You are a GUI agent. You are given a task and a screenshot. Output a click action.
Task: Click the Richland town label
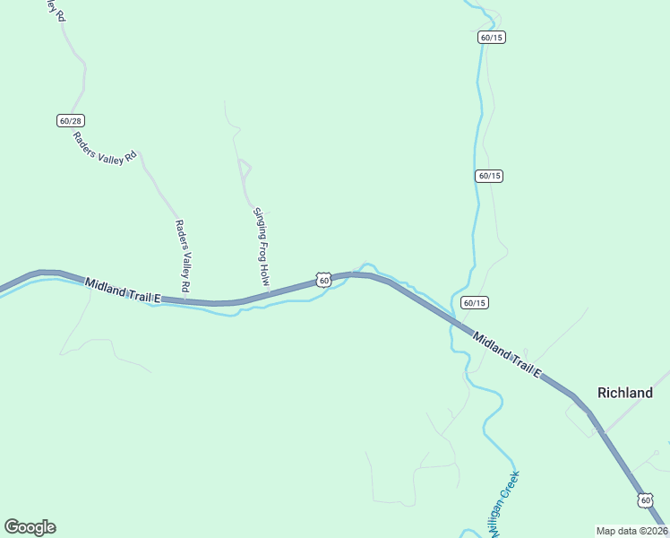[625, 393]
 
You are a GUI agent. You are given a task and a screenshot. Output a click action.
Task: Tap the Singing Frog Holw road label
[261, 247]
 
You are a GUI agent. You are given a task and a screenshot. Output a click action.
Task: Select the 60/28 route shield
[71, 120]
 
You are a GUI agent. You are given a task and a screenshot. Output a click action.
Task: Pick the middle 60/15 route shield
[489, 176]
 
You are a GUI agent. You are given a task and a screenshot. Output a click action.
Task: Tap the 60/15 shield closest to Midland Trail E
[475, 303]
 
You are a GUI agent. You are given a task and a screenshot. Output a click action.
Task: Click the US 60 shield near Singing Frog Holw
[324, 281]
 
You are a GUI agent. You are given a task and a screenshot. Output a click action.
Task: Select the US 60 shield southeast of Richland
[645, 499]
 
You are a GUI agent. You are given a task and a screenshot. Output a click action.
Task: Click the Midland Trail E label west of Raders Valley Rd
[123, 290]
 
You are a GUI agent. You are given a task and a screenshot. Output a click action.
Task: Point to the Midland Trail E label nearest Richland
[507, 355]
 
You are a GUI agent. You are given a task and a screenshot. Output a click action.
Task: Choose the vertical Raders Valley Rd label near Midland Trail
[183, 256]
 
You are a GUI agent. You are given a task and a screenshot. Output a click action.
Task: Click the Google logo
[30, 527]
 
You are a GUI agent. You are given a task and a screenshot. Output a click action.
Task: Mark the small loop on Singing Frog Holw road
[244, 167]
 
